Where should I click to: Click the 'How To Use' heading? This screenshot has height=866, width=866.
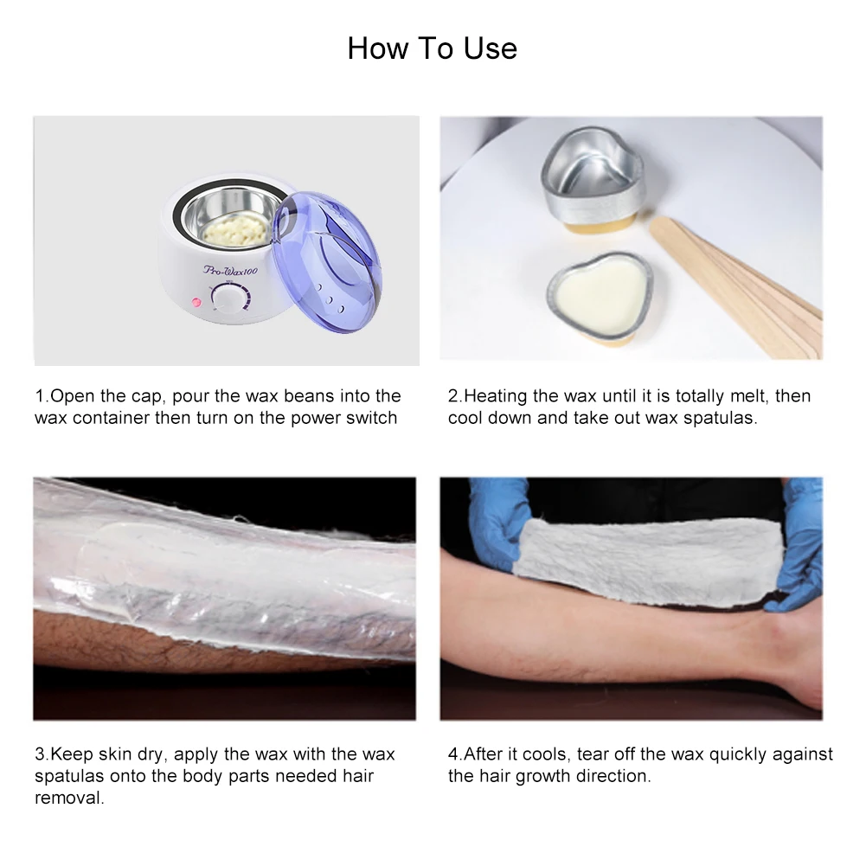433,48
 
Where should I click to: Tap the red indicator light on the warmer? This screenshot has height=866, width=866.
196,303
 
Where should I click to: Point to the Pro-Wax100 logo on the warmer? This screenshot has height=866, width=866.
230,270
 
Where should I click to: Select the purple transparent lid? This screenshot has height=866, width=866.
326,262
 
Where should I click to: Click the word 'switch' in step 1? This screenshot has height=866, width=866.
372,418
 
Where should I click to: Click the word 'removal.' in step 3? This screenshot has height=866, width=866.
69,798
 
